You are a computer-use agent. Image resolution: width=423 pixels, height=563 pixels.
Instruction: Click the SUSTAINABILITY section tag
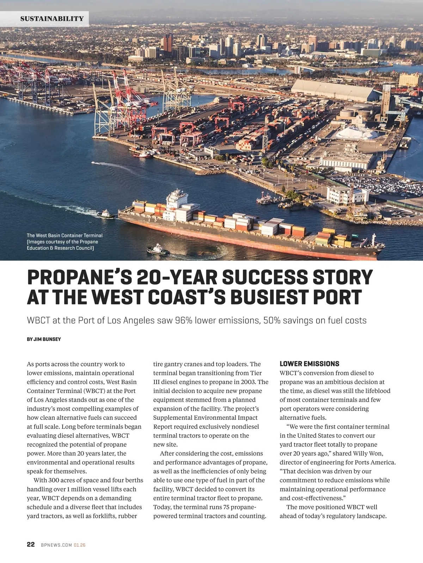(x=52, y=19)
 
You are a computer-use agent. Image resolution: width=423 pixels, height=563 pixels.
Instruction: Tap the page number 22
(x=31, y=544)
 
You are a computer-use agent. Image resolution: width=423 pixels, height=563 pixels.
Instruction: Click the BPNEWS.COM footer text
(x=56, y=545)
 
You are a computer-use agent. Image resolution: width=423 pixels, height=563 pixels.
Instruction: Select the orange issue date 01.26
(x=80, y=545)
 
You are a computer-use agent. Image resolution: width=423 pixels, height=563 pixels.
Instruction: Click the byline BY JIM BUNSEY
(x=44, y=339)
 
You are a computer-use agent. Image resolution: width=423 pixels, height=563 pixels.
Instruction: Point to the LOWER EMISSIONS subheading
(x=309, y=364)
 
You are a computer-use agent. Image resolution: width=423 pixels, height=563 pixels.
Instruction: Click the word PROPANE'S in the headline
(x=79, y=277)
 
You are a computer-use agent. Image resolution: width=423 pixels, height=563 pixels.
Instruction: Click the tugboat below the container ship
(x=158, y=250)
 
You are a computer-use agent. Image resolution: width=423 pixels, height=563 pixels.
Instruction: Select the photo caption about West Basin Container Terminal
(x=65, y=242)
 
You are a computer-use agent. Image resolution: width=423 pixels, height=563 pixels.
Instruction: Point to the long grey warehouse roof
(x=333, y=90)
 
